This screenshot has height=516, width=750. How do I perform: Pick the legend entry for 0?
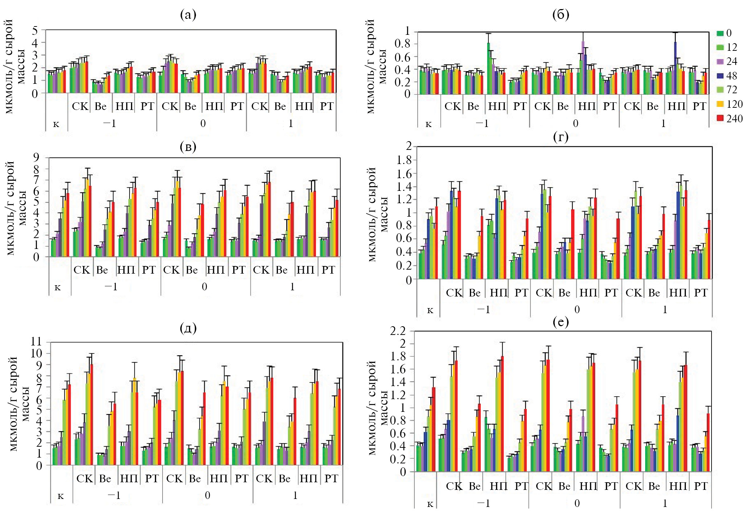pos(725,33)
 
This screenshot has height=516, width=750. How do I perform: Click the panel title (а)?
pos(188,15)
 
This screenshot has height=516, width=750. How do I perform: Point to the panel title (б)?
pos(561,15)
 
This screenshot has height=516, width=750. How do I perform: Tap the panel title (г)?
pos(561,137)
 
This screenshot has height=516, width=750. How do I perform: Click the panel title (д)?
pos(188,328)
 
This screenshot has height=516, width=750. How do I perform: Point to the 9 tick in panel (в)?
pos(36,157)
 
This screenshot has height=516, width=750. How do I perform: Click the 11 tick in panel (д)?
pos(36,341)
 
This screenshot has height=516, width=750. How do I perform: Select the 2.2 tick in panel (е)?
pos(398,331)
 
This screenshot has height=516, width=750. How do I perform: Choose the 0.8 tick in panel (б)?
pos(402,44)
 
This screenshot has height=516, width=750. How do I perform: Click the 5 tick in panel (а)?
pos(35,30)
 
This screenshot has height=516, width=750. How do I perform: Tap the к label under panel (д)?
pos(61,496)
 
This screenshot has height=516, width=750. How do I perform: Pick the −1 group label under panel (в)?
pos(111,287)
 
